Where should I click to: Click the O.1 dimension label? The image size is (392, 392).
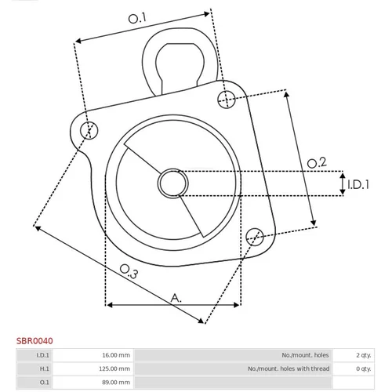pyautogui.click(x=137, y=18)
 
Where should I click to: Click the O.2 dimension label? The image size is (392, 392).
pyautogui.click(x=317, y=163)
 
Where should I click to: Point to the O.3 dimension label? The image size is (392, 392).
pyautogui.click(x=129, y=271)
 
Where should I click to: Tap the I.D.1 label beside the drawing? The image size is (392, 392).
pyautogui.click(x=358, y=184)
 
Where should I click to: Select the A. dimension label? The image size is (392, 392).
pyautogui.click(x=176, y=298)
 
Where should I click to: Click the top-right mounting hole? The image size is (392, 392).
pyautogui.click(x=227, y=100)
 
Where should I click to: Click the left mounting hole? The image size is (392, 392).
pyautogui.click(x=89, y=130)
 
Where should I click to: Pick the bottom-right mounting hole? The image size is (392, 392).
pyautogui.click(x=255, y=237)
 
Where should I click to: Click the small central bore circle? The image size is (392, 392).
pyautogui.click(x=172, y=183)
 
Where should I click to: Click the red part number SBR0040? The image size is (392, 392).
pyautogui.click(x=34, y=341)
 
